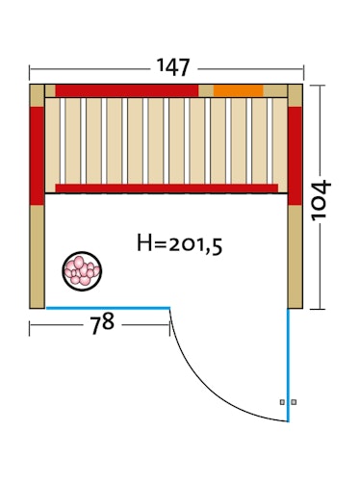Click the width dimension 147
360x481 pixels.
[x=173, y=67]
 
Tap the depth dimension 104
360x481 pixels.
[x=321, y=200]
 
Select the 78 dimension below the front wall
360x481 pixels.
[x=102, y=324]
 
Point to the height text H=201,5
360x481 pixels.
[x=179, y=244]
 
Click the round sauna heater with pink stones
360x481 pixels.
[x=82, y=271]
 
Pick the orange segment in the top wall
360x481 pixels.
[x=239, y=90]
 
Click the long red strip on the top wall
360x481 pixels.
[x=127, y=90]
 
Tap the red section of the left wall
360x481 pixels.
[x=37, y=156]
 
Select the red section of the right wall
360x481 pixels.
[x=295, y=156]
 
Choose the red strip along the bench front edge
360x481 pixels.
[x=167, y=189]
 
